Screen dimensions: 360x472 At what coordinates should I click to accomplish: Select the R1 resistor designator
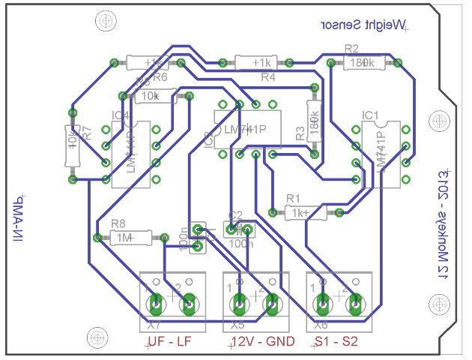pos(293,199)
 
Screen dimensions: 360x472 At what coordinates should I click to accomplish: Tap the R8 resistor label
pos(118,223)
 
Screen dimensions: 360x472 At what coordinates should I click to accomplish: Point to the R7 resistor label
pos(87,133)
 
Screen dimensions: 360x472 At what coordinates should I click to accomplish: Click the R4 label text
pos(267,76)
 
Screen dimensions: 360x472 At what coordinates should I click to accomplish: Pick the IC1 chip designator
pos(371,115)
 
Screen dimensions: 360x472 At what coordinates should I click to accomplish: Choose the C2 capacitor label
pos(235,215)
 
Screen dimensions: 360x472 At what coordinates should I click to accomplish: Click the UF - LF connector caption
pos(169,342)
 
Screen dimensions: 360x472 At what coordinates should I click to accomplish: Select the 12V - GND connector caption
pos(261,342)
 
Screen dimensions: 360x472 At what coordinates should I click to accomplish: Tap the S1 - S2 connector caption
pos(336,342)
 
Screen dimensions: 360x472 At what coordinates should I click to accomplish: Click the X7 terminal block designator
pos(154,325)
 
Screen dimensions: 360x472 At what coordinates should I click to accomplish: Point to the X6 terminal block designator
pos(321,325)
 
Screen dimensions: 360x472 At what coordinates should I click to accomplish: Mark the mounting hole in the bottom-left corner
pos(95,336)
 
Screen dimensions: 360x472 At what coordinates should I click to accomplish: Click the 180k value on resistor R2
pos(363,63)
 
